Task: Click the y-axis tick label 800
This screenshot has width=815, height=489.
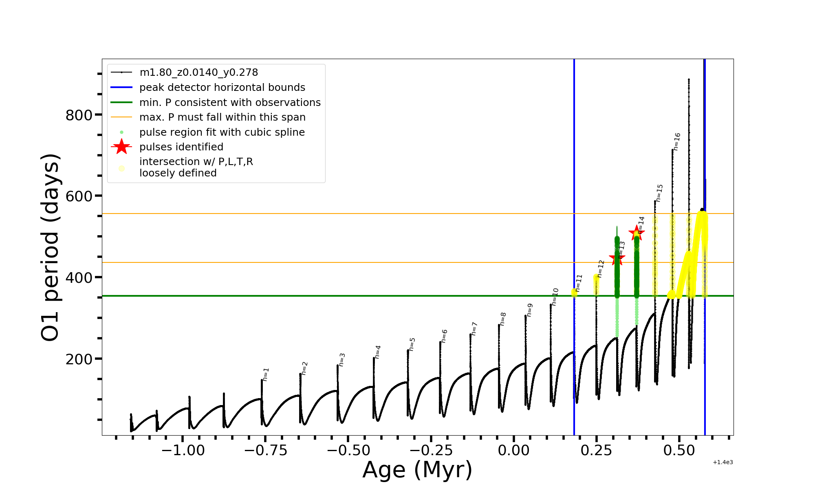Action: point(79,115)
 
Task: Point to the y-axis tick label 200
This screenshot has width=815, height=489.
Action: point(79,359)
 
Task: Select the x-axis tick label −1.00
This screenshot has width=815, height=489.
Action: point(183,451)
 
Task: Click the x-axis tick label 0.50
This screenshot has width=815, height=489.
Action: point(679,451)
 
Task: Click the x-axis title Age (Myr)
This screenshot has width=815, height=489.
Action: point(417,470)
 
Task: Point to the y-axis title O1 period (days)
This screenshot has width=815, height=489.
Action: point(51,247)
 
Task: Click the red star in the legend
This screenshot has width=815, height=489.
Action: point(121,147)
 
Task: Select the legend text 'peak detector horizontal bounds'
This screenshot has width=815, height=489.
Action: point(222,88)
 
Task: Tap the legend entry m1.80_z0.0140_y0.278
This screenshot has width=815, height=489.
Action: point(198,73)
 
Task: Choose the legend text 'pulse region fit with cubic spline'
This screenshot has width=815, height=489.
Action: point(222,132)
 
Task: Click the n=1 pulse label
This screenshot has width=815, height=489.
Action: point(266,374)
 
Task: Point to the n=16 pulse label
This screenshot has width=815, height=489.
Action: point(677,141)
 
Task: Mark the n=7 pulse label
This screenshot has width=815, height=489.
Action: point(474,328)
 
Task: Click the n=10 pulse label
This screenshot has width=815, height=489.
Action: point(555,294)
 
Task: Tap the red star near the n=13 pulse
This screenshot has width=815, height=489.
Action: point(617,258)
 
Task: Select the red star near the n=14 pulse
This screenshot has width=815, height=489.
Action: point(637,233)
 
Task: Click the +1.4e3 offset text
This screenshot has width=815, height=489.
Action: point(722,463)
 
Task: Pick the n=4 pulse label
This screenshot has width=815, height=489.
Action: point(378,352)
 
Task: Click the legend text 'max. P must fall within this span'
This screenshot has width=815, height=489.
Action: point(222,117)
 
